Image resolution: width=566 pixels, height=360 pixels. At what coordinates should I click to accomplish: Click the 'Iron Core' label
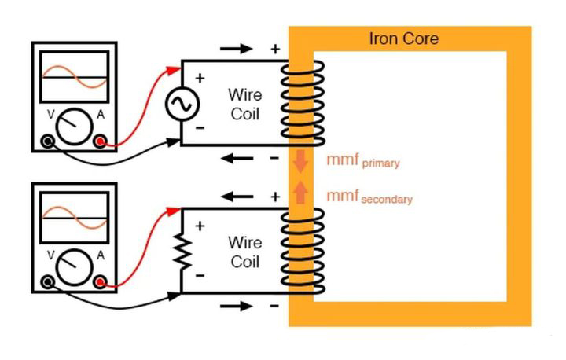pos(403,39)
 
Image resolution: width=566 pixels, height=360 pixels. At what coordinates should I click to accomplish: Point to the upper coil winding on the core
pos(302,102)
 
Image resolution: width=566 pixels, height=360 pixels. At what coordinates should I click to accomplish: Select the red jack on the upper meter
pos(101,141)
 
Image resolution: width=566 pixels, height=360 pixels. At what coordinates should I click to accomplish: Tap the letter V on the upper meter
pos(51,115)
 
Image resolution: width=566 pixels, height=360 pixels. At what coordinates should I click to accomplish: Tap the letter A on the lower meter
pos(101,255)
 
